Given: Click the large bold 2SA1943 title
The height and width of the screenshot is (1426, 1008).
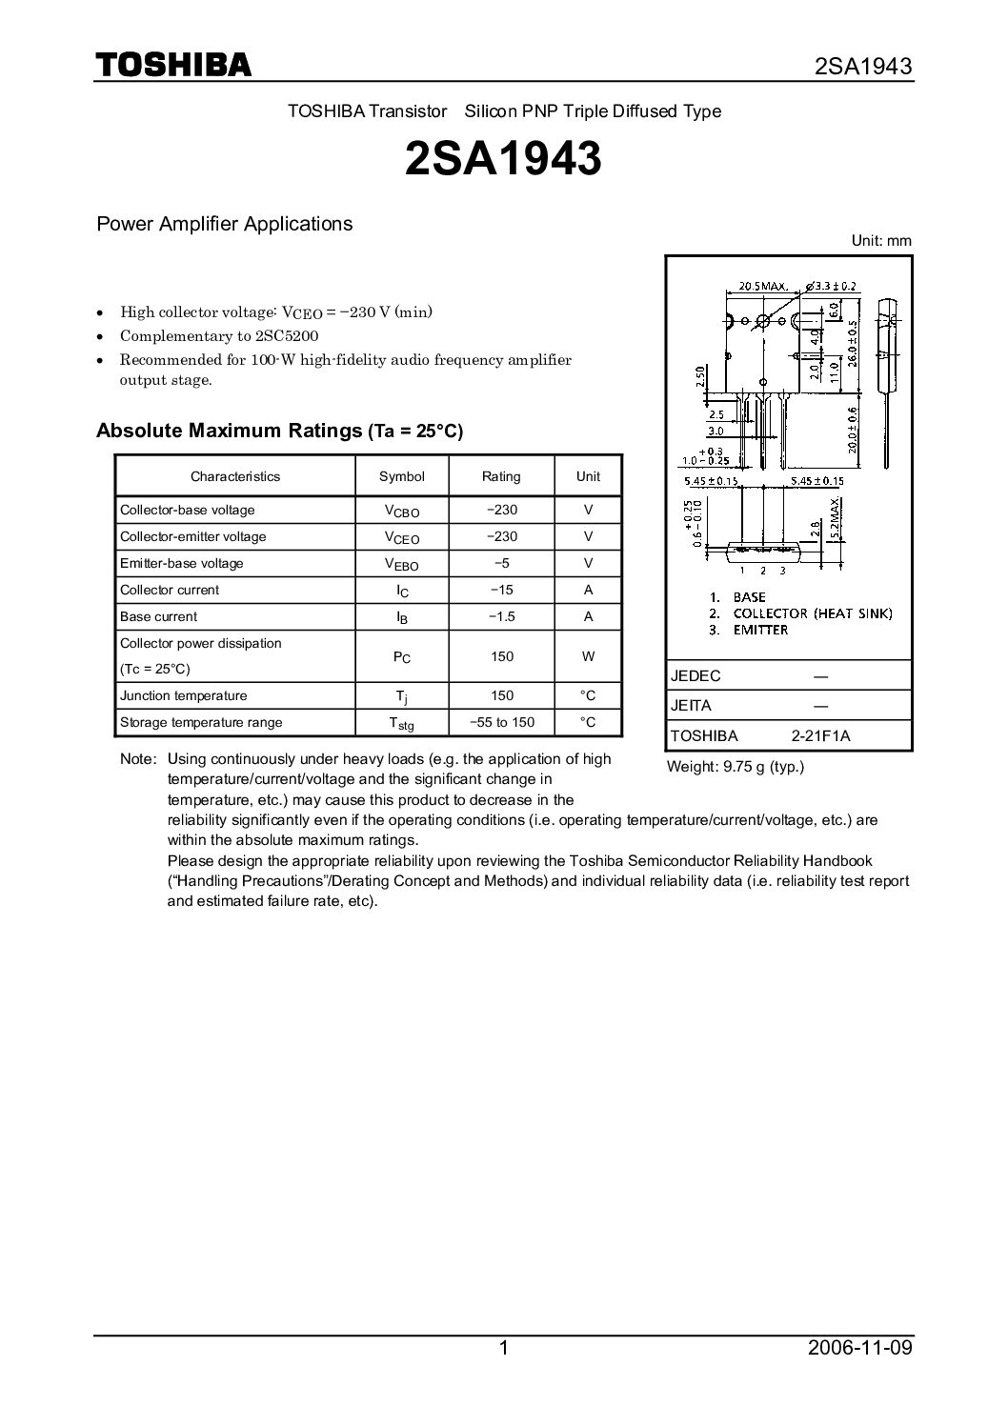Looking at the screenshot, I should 503,160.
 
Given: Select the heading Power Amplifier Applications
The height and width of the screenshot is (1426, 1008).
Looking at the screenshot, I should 225,224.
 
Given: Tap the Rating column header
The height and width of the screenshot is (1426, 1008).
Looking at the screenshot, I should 501,476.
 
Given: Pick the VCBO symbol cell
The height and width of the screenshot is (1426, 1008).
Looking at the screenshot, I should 402,511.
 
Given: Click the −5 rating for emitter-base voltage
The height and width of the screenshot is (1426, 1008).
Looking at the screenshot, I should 501,563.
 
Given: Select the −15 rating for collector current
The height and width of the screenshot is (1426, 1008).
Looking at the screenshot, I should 501,590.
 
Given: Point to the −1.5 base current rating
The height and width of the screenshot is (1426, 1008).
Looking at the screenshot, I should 501,616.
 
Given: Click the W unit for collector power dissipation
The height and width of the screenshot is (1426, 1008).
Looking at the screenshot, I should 588,656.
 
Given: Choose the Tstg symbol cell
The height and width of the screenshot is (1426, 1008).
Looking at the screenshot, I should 402,723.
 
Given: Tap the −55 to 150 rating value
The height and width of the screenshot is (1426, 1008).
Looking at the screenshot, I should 501,722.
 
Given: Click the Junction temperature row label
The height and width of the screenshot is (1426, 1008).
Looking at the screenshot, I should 183,695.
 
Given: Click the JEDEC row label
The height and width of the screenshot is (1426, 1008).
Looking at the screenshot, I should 696,675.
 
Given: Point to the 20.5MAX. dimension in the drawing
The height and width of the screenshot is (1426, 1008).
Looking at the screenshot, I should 762,286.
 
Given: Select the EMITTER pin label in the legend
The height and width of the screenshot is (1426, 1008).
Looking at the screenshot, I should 760,630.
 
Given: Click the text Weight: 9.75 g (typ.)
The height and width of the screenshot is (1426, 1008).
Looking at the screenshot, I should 736,766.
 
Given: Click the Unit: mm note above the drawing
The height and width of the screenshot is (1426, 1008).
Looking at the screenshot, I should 881,241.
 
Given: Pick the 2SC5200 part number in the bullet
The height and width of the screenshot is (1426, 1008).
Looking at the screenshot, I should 284,336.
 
